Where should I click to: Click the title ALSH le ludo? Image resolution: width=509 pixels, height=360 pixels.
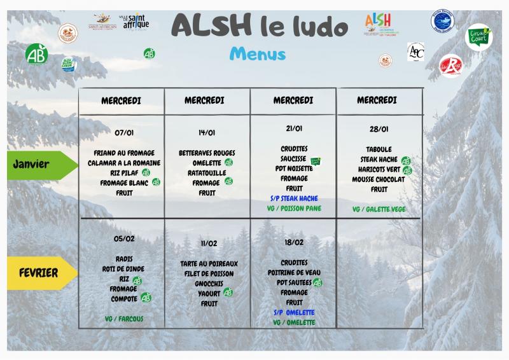(260, 27)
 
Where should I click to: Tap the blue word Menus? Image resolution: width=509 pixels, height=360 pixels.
(258, 53)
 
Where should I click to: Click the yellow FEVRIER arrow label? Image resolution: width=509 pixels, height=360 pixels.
(38, 273)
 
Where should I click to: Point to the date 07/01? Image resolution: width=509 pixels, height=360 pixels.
(123, 132)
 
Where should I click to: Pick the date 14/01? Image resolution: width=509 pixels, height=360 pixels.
(207, 132)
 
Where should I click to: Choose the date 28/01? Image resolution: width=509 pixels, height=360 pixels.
(379, 129)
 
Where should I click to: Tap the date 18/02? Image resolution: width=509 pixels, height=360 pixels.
(293, 242)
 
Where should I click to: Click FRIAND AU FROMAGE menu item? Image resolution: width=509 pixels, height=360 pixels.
(123, 153)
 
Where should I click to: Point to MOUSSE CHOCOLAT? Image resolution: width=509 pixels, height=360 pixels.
(379, 179)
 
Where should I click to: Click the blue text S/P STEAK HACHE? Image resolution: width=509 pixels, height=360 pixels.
(293, 198)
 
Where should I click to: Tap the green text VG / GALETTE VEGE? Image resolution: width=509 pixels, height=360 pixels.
(379, 209)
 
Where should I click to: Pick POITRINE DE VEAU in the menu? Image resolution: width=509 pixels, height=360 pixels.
(293, 272)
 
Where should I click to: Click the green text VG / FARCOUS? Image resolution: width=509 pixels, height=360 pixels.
(124, 318)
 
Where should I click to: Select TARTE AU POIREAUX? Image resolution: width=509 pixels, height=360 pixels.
(209, 263)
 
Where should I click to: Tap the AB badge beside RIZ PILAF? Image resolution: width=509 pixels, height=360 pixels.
(146, 172)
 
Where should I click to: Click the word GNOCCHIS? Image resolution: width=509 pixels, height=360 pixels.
(208, 284)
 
